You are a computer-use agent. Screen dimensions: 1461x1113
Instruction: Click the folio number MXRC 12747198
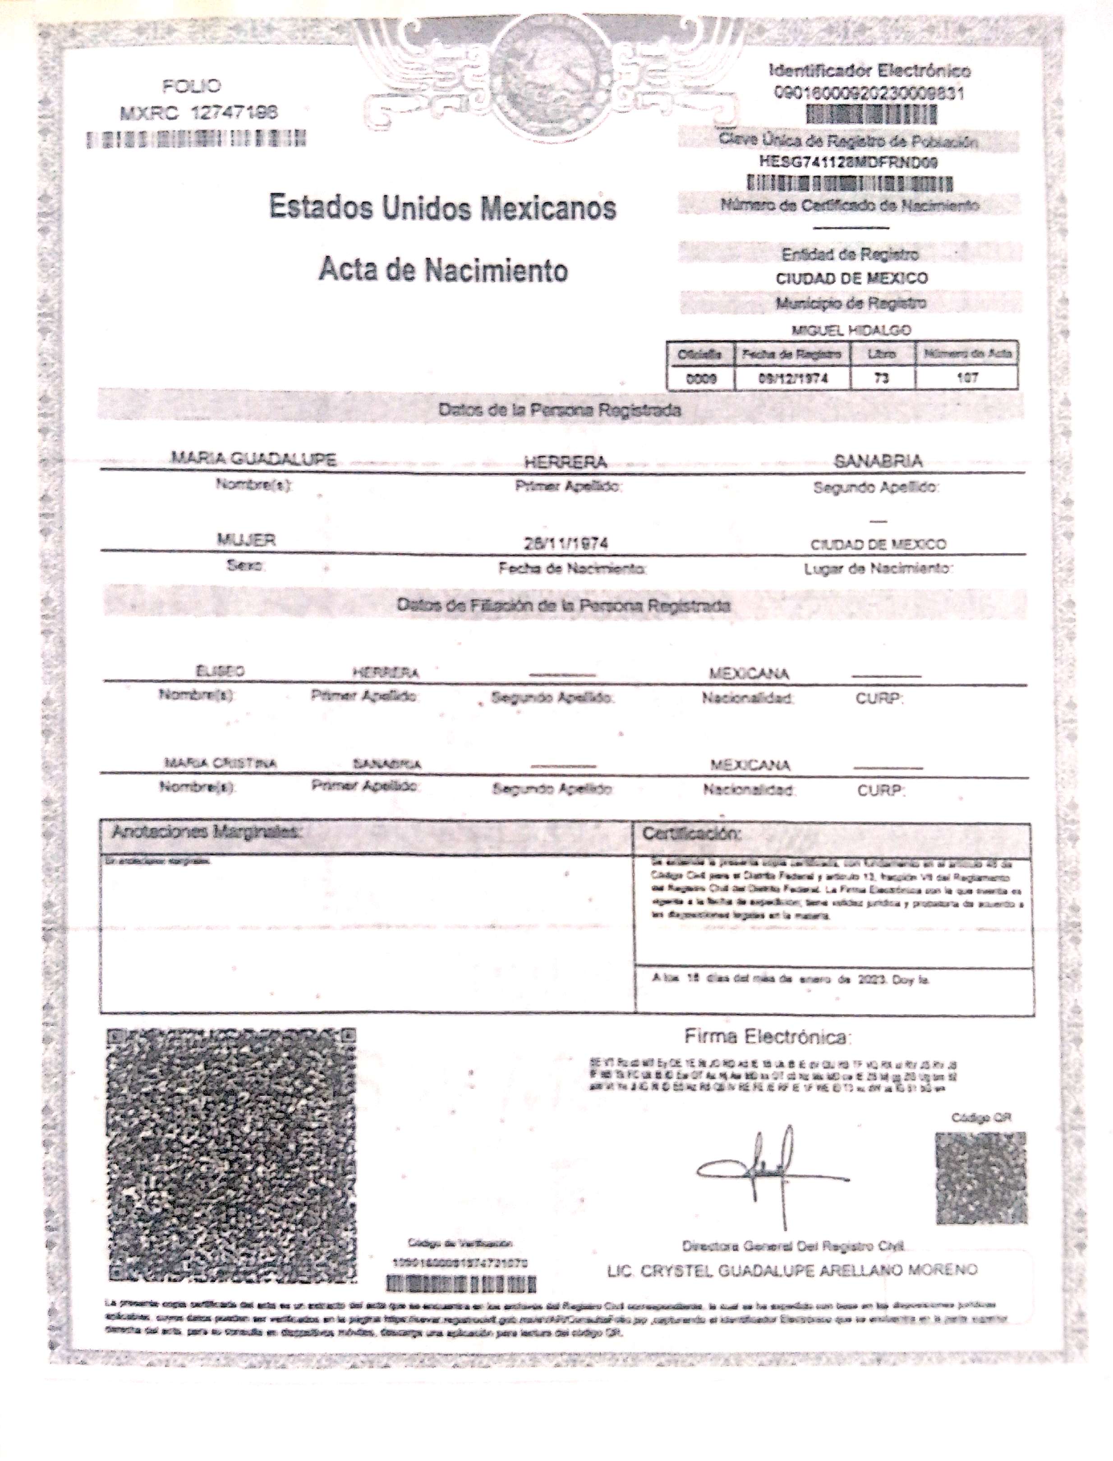click(199, 113)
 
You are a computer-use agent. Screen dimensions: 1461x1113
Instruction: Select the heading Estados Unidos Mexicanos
click(442, 207)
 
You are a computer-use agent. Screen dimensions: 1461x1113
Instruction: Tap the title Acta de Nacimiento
click(442, 270)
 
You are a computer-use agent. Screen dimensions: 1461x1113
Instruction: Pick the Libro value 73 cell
click(881, 379)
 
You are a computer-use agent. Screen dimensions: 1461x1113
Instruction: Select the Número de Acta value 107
click(967, 379)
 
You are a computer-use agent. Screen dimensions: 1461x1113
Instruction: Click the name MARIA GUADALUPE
click(254, 459)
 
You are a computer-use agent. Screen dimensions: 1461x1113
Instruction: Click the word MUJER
click(246, 540)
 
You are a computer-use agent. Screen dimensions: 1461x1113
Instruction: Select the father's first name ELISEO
click(220, 671)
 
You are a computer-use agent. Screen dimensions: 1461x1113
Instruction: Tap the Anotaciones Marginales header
click(206, 832)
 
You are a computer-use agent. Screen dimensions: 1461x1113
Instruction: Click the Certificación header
click(692, 833)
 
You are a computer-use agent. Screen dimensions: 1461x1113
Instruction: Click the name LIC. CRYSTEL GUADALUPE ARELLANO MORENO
click(792, 1270)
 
